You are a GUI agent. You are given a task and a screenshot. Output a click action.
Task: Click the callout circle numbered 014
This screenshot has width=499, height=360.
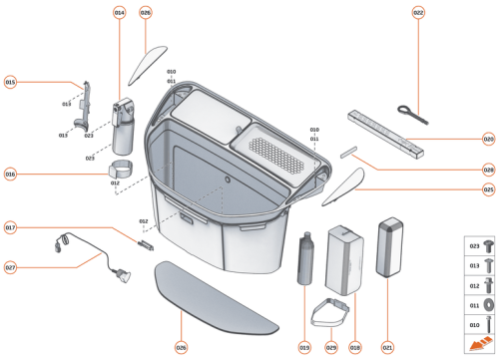120,13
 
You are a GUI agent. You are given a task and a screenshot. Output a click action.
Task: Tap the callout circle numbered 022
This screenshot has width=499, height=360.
418,13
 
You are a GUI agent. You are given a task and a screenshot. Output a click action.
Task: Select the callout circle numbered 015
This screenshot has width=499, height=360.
11,83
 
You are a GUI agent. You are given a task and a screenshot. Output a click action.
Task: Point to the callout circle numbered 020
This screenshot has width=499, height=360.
488,140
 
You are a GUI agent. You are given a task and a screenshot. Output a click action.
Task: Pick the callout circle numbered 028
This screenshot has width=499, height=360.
488,170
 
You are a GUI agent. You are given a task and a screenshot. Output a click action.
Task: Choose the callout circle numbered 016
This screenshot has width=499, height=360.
11,174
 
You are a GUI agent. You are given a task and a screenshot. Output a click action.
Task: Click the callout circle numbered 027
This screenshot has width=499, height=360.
11,267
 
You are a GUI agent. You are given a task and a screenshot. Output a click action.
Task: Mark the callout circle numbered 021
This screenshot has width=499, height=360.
387,347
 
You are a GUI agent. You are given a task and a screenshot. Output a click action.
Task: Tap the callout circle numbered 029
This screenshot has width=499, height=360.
330,347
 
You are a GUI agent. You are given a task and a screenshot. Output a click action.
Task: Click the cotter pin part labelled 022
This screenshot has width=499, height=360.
410,112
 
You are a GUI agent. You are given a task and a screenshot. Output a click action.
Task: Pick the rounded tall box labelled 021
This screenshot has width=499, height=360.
388,248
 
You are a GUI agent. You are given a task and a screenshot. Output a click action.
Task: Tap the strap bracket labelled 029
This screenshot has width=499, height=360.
332,312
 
